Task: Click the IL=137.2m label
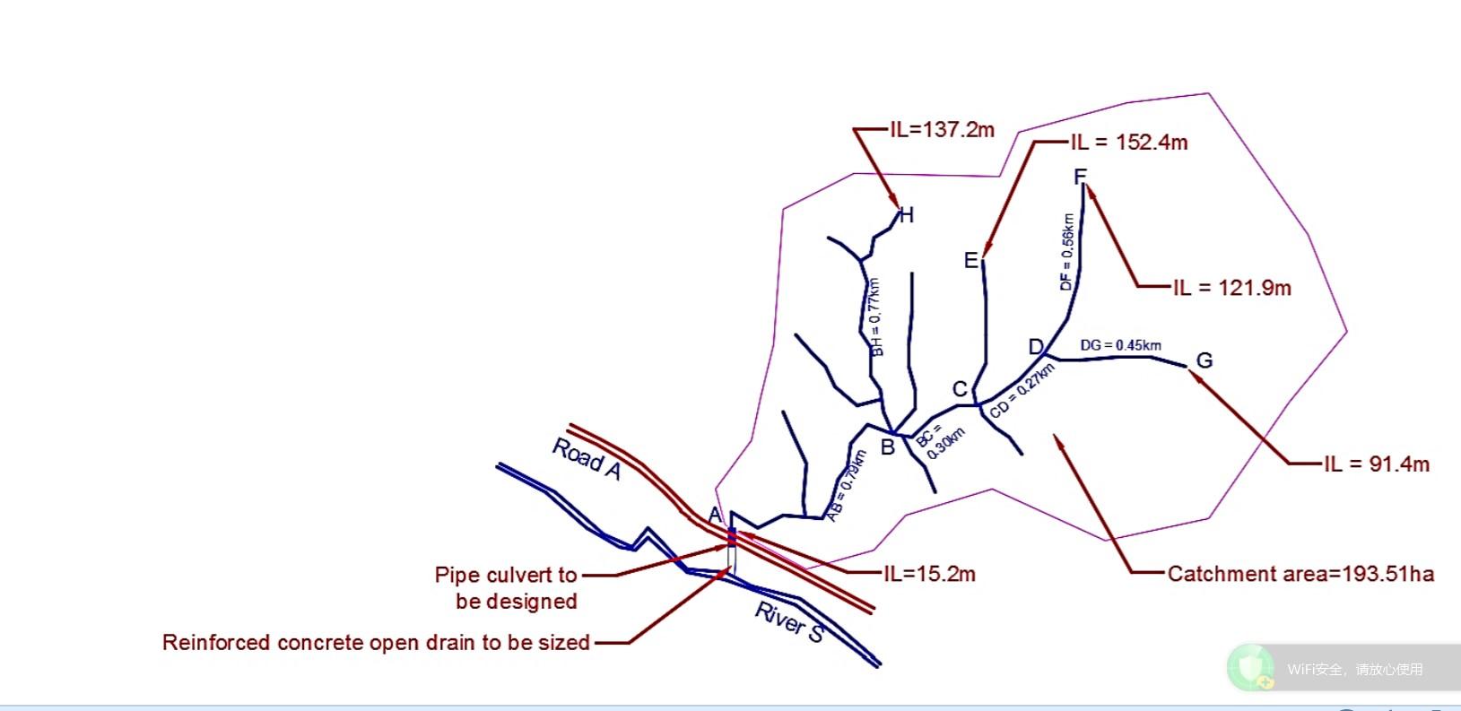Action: [942, 130]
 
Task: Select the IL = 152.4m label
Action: [1128, 143]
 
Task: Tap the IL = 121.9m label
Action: [1231, 288]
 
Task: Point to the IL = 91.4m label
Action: [1376, 464]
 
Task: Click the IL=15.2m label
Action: [929, 573]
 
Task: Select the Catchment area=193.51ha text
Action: [1300, 574]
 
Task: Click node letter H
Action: [907, 215]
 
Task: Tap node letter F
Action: [1080, 177]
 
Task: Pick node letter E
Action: [970, 261]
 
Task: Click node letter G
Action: [1204, 360]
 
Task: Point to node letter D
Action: [1036, 347]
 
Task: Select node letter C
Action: [960, 389]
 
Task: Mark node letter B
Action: [887, 447]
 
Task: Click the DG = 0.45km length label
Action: [1120, 345]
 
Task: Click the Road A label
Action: [586, 459]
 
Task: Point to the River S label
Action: [789, 621]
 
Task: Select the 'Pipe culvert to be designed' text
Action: [506, 587]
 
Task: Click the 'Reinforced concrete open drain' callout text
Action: [376, 643]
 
